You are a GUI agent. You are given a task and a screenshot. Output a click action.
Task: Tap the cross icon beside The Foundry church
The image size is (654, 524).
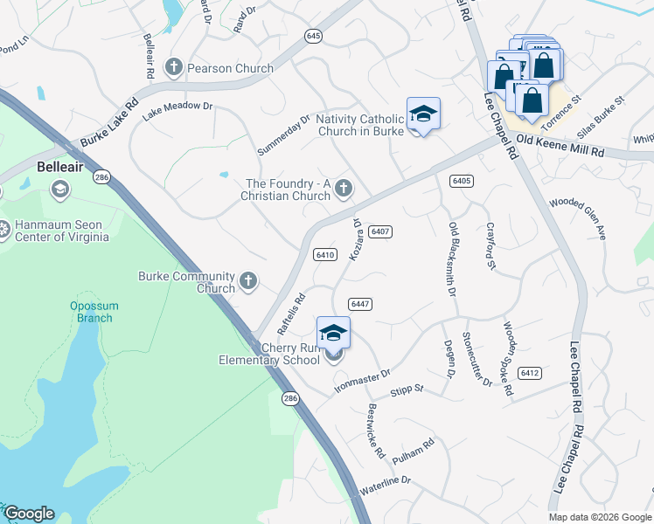344,188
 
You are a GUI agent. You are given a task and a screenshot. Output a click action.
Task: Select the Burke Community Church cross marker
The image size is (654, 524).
248,280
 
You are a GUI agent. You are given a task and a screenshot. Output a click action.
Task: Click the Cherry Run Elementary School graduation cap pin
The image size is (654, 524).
333,334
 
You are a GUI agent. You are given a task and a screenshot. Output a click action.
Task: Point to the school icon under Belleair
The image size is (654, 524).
59,189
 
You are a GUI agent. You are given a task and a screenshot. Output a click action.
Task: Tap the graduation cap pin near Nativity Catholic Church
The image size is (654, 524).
423,115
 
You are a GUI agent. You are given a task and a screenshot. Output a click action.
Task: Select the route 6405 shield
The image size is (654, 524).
462,181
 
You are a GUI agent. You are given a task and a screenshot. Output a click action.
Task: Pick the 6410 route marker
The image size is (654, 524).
325,255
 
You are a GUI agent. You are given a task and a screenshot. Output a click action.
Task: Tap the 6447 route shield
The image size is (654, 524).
360,303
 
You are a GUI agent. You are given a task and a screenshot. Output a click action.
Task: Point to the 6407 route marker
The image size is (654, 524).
379,231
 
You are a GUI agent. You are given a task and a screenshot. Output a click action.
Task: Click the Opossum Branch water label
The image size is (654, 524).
92,312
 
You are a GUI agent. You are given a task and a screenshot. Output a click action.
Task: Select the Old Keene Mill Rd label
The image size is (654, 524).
560,145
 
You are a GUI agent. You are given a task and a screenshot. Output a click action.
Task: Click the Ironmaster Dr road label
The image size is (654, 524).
362,381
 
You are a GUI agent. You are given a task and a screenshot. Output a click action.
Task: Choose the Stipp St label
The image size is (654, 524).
407,389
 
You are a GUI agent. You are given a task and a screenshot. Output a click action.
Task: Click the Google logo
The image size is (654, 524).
28,514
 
